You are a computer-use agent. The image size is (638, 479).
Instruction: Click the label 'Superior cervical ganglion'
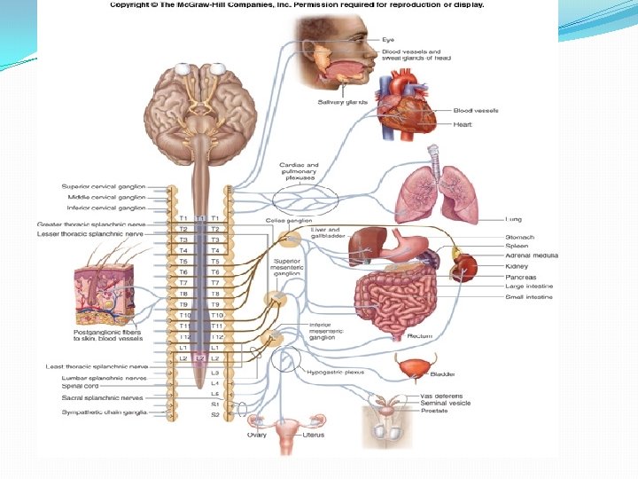click(104, 186)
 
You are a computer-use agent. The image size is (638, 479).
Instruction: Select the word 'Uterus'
click(312, 435)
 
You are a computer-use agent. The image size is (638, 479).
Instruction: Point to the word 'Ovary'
click(258, 435)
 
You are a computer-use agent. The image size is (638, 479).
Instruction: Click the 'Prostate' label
click(434, 411)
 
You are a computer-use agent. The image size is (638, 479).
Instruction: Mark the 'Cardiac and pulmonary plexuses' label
click(298, 170)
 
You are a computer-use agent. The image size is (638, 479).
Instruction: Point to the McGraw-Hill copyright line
click(297, 5)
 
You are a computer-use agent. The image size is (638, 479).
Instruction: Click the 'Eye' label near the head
click(388, 40)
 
